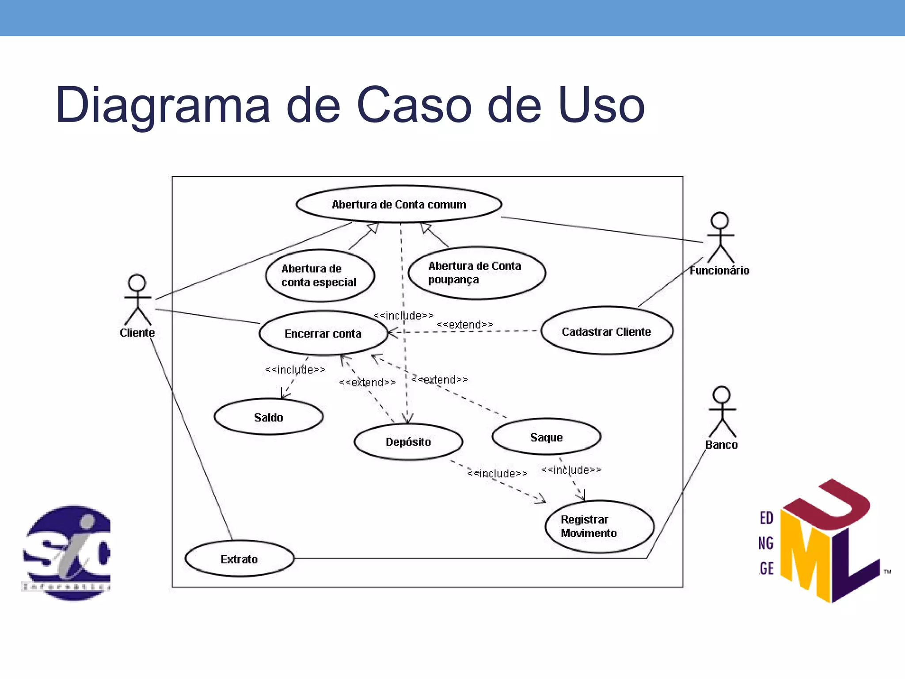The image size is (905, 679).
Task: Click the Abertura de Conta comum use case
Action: coord(399,204)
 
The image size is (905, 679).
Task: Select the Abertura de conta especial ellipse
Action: coord(319,275)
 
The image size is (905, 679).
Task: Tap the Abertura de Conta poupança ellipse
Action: coord(476,273)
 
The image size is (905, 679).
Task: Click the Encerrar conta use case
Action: coord(323,333)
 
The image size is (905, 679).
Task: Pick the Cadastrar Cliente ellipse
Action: coord(606,331)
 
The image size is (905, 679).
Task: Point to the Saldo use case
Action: coord(268,417)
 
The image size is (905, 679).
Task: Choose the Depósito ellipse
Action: coord(408,442)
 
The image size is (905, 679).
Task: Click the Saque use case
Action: coord(546,437)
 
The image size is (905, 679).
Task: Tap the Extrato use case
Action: coord(239,559)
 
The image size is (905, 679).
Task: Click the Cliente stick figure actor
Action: coord(137,301)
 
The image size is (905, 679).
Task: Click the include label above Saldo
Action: coord(295,370)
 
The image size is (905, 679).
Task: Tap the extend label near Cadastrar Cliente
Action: coord(464,324)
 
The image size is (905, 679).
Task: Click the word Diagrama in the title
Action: coord(162,105)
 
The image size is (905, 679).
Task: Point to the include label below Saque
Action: coord(571,470)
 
